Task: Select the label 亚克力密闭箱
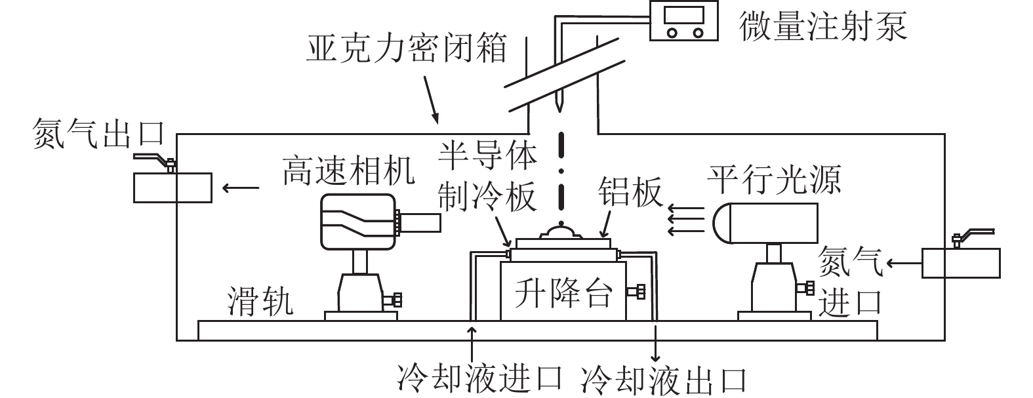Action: click(407, 49)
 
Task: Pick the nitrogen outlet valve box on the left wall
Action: click(173, 188)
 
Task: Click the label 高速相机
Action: click(348, 172)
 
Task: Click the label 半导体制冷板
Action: click(488, 177)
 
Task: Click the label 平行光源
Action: click(774, 178)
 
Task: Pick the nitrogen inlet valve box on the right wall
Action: click(961, 262)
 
